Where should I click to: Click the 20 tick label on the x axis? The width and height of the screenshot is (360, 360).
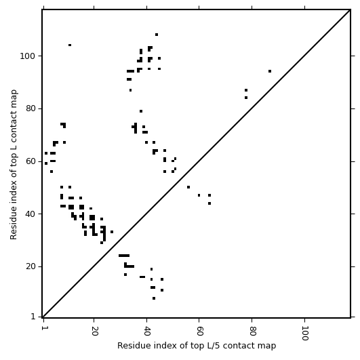tap(94, 331)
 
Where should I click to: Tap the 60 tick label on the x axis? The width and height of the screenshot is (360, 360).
tap(199, 331)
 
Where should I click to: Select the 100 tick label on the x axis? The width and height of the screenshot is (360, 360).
tap(304, 333)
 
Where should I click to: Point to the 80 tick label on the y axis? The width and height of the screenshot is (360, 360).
tap(31, 108)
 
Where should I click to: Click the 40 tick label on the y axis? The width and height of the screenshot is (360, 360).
tap(31, 214)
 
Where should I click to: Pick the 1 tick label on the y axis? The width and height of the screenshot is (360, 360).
tap(33, 317)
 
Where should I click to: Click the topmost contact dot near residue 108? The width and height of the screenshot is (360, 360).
tap(157, 35)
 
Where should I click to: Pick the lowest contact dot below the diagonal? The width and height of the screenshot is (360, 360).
tap(154, 298)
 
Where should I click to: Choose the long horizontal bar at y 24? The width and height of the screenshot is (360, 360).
tap(124, 256)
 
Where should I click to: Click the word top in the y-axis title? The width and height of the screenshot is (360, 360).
tap(14, 151)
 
